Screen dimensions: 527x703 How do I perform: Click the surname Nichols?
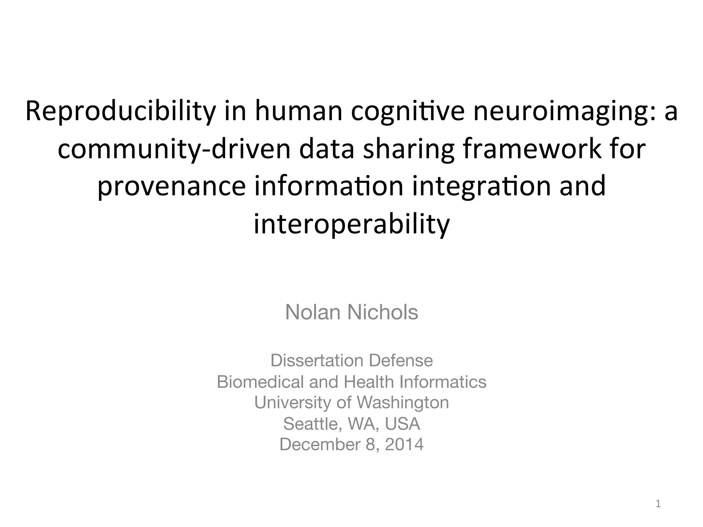(382, 312)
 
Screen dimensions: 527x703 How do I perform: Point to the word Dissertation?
(317, 360)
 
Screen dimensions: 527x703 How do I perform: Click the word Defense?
(401, 360)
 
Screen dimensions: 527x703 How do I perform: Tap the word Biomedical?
(260, 382)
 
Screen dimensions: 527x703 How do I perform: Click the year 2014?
(404, 444)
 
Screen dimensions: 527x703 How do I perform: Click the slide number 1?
(658, 504)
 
